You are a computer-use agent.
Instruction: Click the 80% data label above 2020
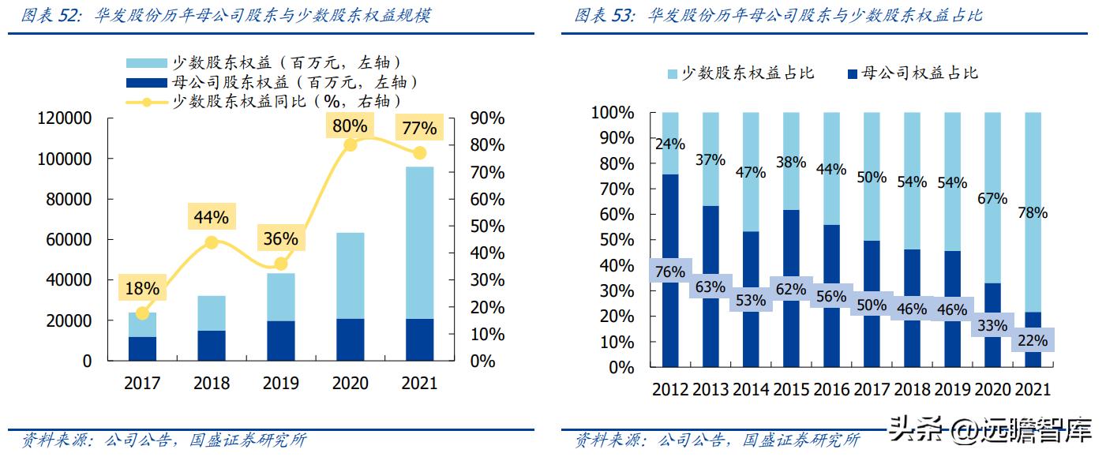(x=350, y=126)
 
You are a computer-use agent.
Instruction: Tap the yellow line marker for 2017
(x=142, y=313)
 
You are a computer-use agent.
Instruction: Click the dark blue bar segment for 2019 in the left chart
(x=280, y=340)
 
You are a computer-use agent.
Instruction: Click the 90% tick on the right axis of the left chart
(x=487, y=118)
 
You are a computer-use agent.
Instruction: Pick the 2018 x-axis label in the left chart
(x=211, y=384)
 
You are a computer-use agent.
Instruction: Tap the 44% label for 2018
(x=211, y=217)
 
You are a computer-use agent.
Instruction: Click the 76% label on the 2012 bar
(x=669, y=272)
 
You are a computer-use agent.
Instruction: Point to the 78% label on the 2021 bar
(x=1033, y=213)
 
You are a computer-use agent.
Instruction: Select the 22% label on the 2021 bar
(x=1033, y=341)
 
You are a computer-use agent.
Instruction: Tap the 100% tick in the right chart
(x=613, y=113)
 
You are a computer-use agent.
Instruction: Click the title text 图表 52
(x=51, y=16)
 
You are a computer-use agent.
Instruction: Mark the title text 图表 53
(x=605, y=16)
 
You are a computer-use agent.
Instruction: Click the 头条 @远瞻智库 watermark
(x=990, y=431)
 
